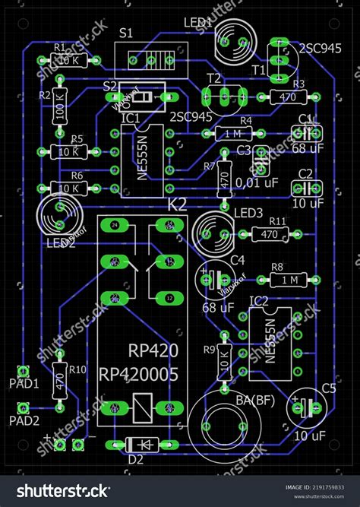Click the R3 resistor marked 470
(x=288, y=97)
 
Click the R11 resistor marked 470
(x=269, y=234)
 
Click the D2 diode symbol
(x=143, y=443)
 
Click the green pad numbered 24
(x=115, y=226)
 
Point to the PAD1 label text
(x=25, y=385)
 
